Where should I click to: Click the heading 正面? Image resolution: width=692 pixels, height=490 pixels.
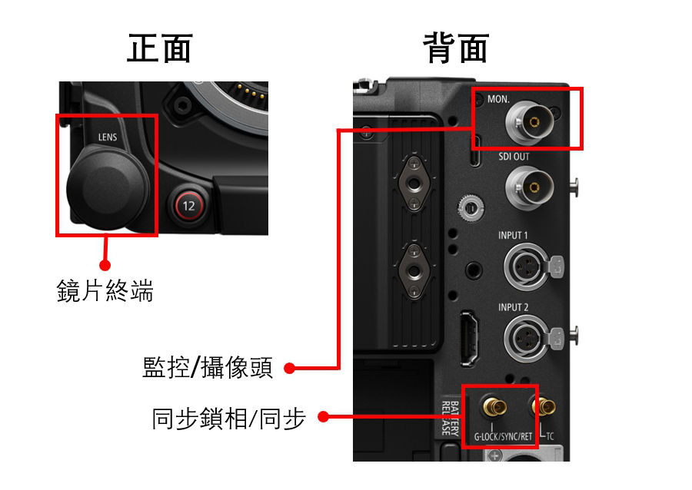tap(160, 48)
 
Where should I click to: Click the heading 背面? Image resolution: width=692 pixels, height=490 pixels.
tap(456, 48)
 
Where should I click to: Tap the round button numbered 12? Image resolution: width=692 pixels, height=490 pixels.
tap(188, 206)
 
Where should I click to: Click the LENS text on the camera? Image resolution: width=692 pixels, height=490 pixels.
tap(108, 137)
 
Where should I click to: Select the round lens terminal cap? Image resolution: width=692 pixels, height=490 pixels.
tap(108, 189)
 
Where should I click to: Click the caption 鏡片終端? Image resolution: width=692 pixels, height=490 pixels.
tap(105, 291)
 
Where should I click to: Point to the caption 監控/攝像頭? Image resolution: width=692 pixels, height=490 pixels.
tap(208, 367)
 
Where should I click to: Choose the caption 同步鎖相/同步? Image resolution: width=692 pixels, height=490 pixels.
tap(228, 419)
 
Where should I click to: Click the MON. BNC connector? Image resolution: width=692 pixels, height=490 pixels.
tap(530, 122)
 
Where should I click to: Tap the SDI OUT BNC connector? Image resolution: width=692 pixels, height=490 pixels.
tap(530, 187)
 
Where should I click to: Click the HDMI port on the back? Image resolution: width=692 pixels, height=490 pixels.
tap(470, 339)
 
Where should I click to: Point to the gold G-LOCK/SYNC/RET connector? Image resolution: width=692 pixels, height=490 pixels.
tap(494, 407)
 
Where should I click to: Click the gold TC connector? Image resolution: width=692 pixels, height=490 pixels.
tap(544, 406)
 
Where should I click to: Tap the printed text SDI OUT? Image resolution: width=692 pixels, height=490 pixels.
tap(514, 157)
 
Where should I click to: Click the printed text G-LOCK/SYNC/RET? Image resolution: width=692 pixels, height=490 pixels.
tap(503, 437)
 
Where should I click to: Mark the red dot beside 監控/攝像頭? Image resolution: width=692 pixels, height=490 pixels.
tap(290, 368)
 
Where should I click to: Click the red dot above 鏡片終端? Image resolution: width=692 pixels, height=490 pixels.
tap(105, 265)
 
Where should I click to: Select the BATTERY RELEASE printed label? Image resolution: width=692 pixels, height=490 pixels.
tap(451, 418)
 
